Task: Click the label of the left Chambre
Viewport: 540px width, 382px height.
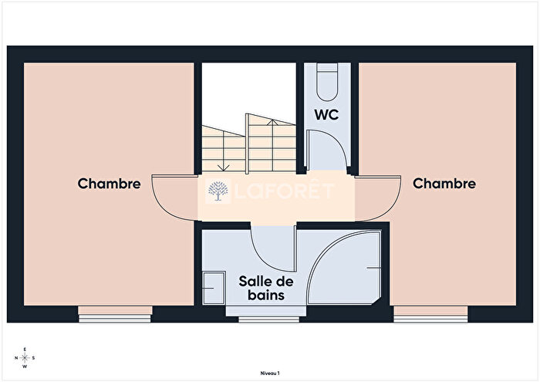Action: (x=109, y=184)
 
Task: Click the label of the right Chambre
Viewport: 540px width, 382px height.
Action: (x=444, y=184)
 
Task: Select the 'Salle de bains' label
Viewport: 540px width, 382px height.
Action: (x=262, y=288)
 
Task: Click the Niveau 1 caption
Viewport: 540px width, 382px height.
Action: (x=269, y=372)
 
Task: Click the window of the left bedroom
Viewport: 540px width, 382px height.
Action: (x=115, y=314)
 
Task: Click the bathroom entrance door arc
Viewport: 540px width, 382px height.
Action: (x=272, y=251)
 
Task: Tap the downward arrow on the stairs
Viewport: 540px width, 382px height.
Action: (x=222, y=165)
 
